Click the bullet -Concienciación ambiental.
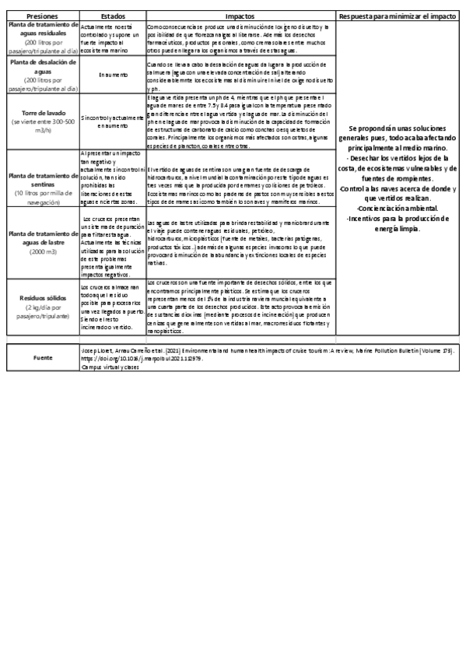point(398,208)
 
